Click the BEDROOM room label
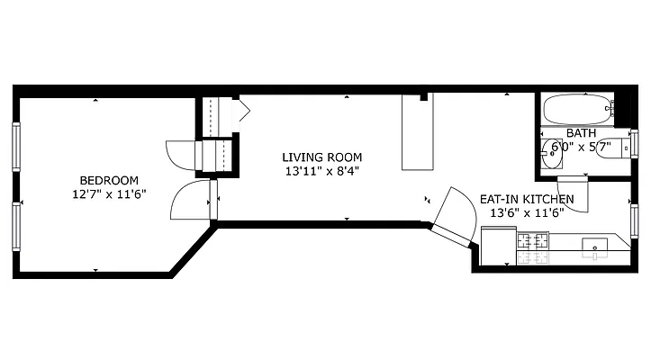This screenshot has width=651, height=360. coord(108,179)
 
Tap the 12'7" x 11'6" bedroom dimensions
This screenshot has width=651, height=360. coord(109,193)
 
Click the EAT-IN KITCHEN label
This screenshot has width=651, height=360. coord(524,200)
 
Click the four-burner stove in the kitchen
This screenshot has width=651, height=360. coord(531,248)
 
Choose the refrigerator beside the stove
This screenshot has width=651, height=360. coord(497,247)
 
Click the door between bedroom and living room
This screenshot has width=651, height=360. coord(191,200)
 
